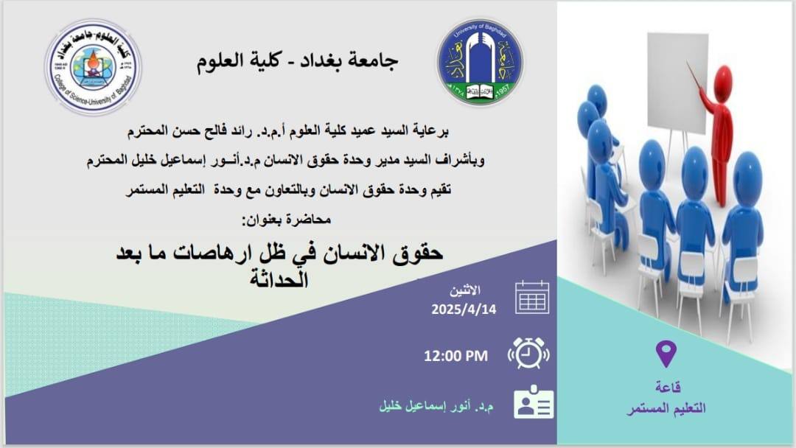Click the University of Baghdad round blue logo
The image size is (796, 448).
coord(481,62)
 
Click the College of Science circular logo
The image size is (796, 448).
coord(93,66)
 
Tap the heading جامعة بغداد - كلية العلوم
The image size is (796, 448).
coord(297,61)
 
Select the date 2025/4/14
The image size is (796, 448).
coord(464,309)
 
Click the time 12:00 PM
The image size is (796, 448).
coord(455,356)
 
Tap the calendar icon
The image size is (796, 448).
coord(532,297)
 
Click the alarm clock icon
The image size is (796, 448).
coord(528,353)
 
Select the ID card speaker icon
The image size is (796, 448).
coord(533,402)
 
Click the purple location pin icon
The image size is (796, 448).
coord(666,354)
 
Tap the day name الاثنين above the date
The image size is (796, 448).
coord(464,291)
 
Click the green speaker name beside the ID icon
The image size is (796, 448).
coord(436,407)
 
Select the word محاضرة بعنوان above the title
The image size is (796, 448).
coord(286,220)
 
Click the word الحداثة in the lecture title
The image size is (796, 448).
coord(279,279)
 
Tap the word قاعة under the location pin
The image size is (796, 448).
coord(667,387)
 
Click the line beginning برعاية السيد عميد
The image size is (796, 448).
coord(287,131)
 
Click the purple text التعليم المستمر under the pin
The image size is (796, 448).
coord(666,408)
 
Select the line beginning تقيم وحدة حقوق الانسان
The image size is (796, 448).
coord(288,190)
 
